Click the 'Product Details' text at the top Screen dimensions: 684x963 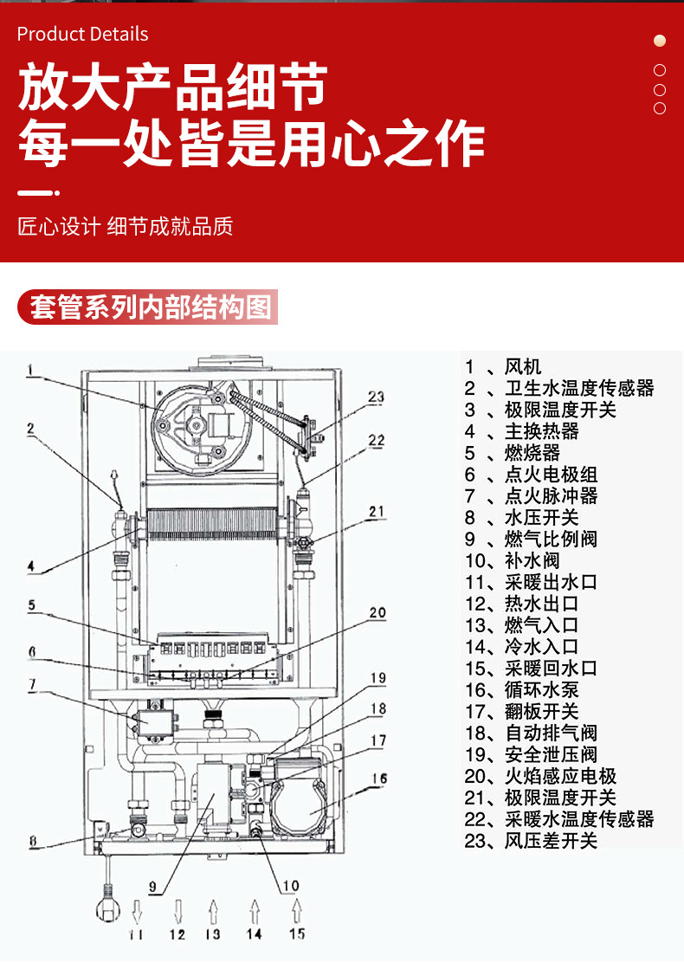(82, 35)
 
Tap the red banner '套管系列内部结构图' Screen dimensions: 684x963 (149, 307)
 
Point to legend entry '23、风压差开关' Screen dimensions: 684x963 (531, 841)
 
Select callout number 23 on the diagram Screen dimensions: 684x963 (375, 397)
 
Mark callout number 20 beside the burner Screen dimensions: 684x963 (377, 613)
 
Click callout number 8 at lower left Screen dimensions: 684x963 (32, 839)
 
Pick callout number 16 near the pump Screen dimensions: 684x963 (378, 779)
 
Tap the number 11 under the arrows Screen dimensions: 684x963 (136, 934)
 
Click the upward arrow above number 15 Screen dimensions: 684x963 (297, 910)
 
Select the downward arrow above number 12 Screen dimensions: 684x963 (178, 910)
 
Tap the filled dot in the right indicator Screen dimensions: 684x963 (660, 41)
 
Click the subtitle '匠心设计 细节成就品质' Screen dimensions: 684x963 (126, 227)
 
